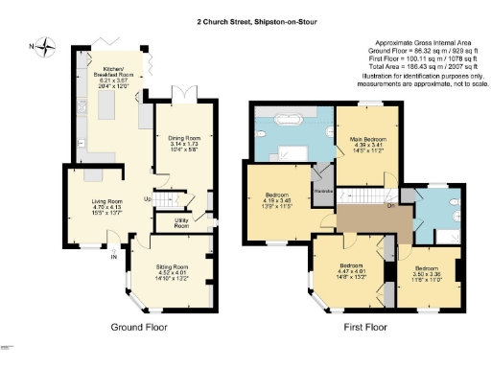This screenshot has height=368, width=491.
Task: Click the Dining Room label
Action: [179, 142]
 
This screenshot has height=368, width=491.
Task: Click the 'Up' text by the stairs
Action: [147, 199]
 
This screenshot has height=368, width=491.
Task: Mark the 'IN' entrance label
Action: [113, 257]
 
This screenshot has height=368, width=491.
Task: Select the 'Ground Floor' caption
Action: [140, 327]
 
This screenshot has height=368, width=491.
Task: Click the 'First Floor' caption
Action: [370, 327]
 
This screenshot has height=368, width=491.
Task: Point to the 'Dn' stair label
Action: [390, 204]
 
